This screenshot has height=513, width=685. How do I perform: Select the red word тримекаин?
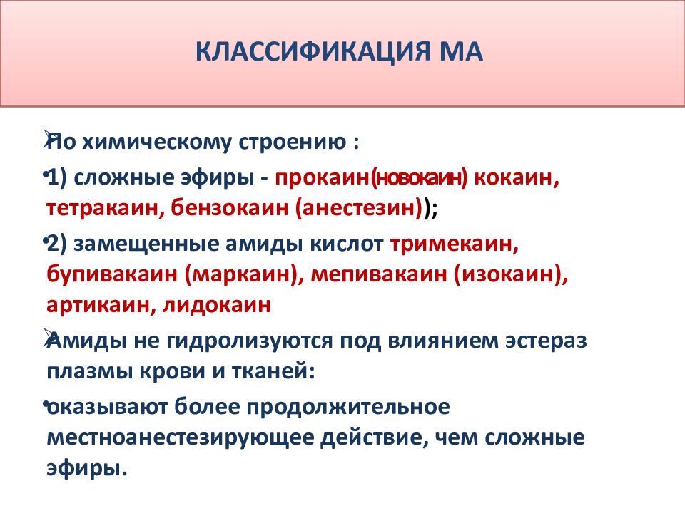click(x=453, y=244)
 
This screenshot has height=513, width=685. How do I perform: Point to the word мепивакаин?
click(x=368, y=274)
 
